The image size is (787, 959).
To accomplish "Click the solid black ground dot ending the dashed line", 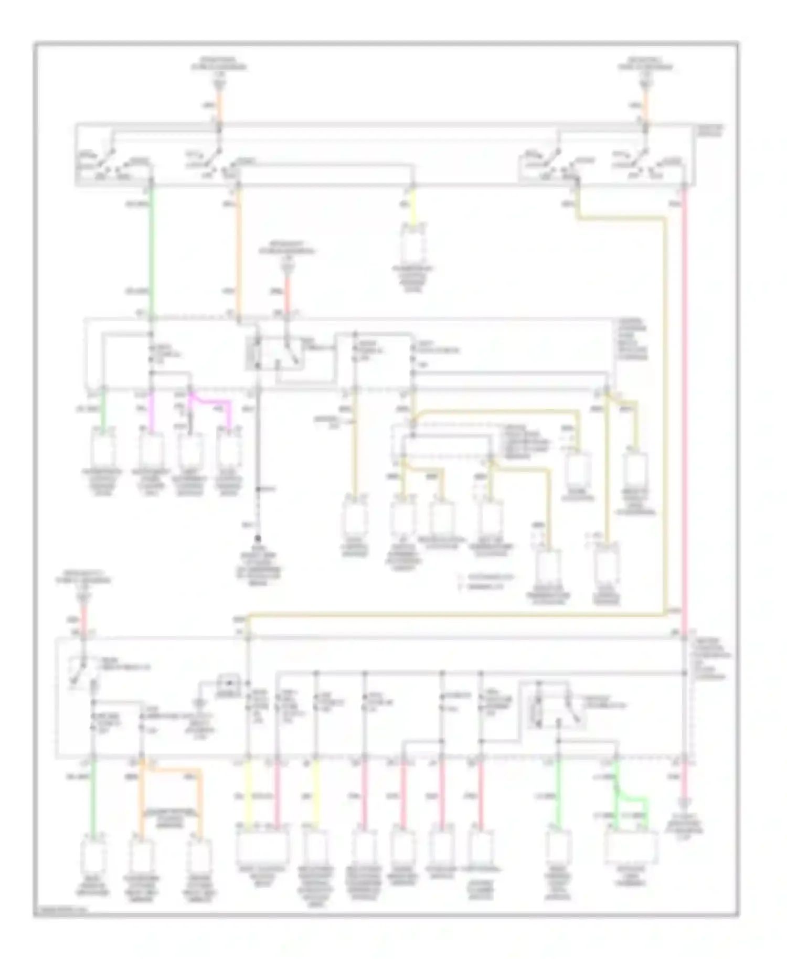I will tap(258, 539).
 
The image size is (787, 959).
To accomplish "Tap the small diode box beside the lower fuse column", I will tap(228, 683).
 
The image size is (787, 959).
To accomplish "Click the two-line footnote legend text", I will tap(485, 581).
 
